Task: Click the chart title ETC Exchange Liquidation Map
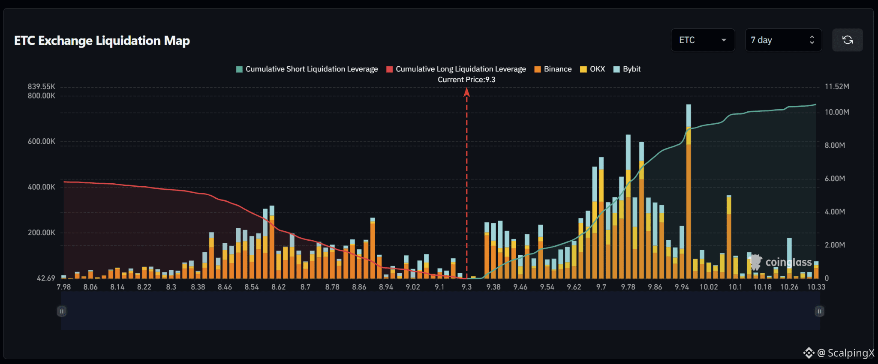click(102, 41)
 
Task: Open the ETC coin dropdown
click(703, 40)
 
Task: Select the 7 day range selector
click(783, 40)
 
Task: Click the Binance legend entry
click(553, 69)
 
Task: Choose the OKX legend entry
click(592, 69)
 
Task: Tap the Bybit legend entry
click(627, 69)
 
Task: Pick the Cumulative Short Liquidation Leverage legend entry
click(307, 69)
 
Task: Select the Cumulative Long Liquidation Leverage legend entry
click(456, 69)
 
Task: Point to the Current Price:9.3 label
click(466, 80)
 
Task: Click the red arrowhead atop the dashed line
click(467, 92)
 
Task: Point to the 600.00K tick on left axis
click(42, 141)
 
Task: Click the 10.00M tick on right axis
click(837, 112)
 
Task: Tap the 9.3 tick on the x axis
click(466, 287)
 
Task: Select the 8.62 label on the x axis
click(279, 287)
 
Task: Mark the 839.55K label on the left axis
click(42, 87)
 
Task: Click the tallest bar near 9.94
click(689, 191)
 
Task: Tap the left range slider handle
click(62, 311)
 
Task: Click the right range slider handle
click(819, 311)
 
